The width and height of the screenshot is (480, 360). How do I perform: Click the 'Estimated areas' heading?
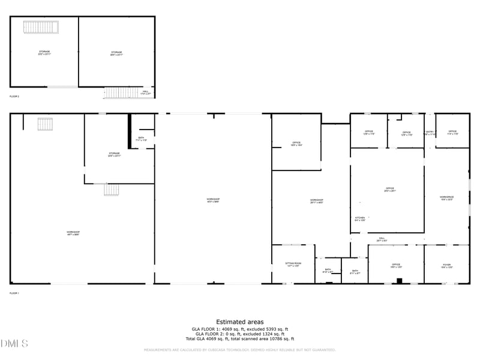click(x=239, y=322)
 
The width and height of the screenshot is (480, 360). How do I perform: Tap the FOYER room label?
click(x=447, y=265)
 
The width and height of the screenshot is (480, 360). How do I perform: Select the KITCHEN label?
click(x=360, y=218)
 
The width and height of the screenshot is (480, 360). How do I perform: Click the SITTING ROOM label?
click(x=293, y=265)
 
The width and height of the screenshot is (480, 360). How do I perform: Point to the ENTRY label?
click(x=430, y=133)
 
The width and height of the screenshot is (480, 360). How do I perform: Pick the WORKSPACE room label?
click(x=446, y=198)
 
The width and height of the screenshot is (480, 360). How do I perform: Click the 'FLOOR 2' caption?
click(x=14, y=96)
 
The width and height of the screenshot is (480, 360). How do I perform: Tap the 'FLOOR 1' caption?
click(x=14, y=293)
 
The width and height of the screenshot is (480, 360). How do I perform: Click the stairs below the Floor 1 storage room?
click(x=112, y=190)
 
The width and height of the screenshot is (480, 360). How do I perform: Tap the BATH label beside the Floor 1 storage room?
click(x=141, y=139)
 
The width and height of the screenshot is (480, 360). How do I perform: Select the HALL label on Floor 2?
click(x=145, y=92)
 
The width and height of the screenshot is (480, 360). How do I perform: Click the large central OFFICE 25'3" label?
click(x=390, y=190)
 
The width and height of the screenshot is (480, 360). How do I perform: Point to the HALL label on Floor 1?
click(x=382, y=239)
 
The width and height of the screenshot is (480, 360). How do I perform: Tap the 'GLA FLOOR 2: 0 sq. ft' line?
click(x=239, y=334)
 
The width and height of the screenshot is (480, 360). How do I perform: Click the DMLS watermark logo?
click(x=14, y=344)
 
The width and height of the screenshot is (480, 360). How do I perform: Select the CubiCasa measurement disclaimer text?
click(x=239, y=350)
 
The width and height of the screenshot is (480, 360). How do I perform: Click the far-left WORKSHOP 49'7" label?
click(x=73, y=233)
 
